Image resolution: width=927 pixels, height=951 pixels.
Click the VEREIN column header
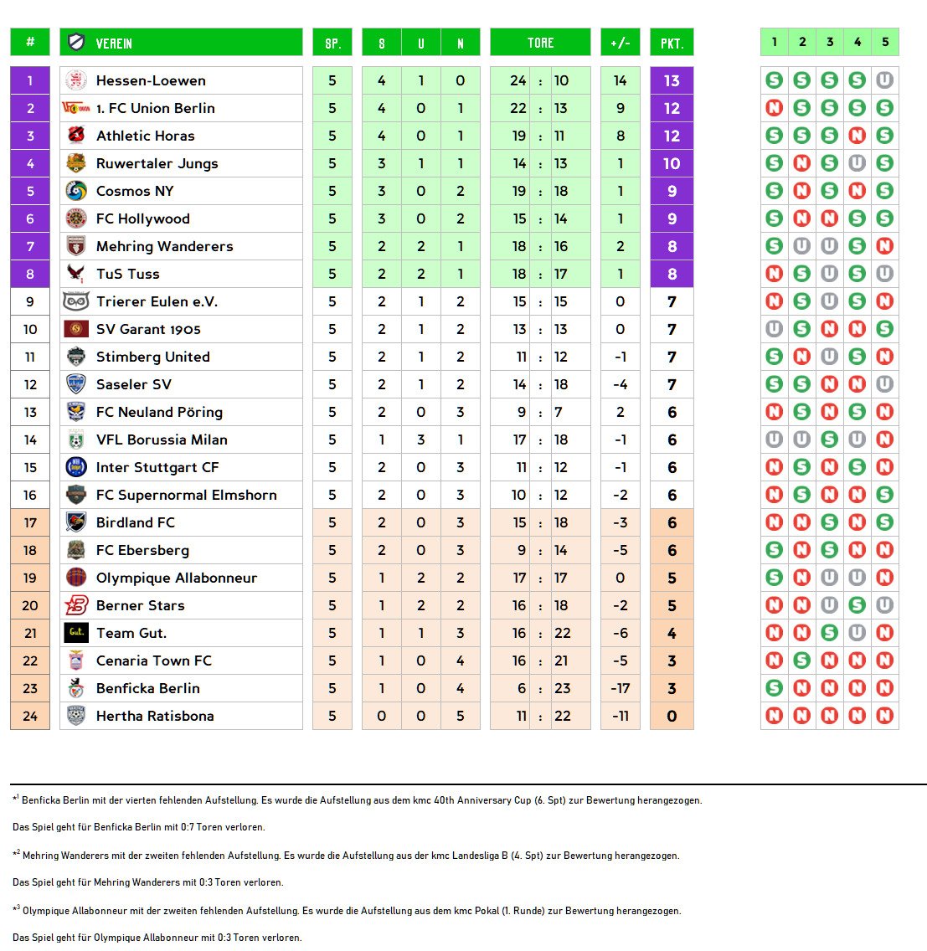114,43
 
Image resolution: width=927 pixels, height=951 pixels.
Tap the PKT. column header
672,43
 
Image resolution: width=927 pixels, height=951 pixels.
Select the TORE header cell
540,43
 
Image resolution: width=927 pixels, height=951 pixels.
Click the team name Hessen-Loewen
151,81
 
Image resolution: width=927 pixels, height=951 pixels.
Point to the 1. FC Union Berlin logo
76,108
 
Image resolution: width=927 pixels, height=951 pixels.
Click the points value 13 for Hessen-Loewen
672,81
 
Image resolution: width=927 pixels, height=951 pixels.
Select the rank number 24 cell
30,717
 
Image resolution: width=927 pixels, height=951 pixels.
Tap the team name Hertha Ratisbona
155,717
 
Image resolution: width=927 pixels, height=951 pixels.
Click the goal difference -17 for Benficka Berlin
620,689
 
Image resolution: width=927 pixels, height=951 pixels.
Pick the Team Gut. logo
76,633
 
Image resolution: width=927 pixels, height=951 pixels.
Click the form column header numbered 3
830,42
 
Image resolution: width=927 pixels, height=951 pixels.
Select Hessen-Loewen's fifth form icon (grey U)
884,80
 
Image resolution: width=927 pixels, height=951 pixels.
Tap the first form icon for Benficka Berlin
775,688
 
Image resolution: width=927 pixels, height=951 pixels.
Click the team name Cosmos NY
135,192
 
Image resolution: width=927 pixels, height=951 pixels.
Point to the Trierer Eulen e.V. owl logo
76,301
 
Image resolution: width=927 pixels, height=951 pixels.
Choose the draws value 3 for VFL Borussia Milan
421,440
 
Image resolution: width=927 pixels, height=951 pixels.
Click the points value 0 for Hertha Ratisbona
672,717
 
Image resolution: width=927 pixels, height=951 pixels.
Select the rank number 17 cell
30,523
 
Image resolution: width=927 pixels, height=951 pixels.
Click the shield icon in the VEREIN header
76,43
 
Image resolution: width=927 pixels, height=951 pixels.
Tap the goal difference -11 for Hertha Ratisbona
620,717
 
